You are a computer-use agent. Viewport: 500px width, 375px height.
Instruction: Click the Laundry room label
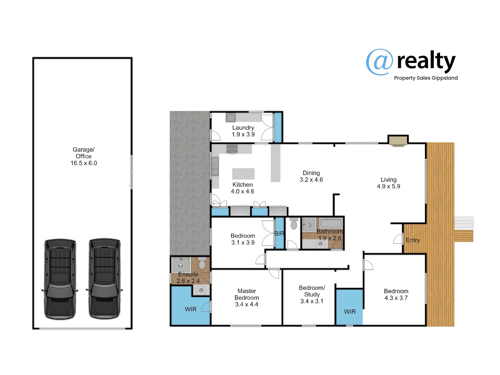(243, 128)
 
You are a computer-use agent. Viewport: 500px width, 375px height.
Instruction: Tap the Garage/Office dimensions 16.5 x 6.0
(84, 163)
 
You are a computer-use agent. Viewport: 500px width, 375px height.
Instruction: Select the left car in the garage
(60, 279)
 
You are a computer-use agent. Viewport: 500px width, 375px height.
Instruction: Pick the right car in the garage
(104, 279)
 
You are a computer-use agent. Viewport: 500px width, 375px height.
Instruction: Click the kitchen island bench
(243, 174)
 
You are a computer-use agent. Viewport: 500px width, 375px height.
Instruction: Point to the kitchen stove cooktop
(232, 149)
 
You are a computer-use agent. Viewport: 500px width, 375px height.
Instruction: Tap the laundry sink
(230, 117)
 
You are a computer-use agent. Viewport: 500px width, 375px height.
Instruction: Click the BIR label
(279, 233)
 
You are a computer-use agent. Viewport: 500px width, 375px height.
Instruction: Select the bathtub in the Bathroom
(330, 223)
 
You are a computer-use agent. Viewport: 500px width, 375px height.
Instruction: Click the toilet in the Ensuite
(202, 263)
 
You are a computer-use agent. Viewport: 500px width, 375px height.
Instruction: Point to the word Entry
(412, 240)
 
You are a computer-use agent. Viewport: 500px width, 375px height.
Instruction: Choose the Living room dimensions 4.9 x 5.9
(388, 186)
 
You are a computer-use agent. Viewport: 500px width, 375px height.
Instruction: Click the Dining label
(311, 173)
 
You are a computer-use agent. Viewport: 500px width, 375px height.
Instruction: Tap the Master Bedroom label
(247, 294)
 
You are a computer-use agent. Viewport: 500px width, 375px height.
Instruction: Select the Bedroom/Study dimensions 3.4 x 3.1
(312, 301)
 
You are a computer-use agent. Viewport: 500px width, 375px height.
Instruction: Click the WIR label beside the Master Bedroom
(191, 309)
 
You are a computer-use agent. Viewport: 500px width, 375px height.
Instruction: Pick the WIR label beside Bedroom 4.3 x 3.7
(350, 312)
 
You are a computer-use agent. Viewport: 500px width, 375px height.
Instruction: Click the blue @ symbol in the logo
(380, 62)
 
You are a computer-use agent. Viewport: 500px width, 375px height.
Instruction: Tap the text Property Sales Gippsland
(426, 78)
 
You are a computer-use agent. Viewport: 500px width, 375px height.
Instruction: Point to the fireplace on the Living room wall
(398, 140)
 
